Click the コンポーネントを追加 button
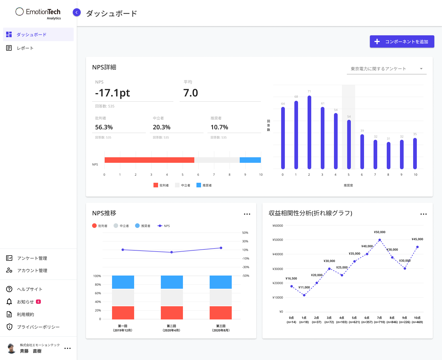click(402, 41)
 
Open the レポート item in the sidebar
click(25, 48)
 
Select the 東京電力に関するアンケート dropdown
click(386, 69)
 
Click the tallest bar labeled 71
click(309, 132)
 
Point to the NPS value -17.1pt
click(113, 93)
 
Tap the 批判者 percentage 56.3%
click(104, 127)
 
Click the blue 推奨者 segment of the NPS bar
click(250, 160)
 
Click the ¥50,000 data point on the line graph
click(380, 240)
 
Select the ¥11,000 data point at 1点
click(304, 295)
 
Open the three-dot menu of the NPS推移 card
click(247, 214)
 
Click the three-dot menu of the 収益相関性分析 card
click(424, 214)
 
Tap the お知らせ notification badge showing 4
click(38, 302)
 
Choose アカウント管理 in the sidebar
click(32, 271)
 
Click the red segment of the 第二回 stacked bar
click(172, 313)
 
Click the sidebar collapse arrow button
click(77, 12)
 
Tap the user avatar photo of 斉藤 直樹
click(11, 348)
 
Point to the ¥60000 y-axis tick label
click(278, 226)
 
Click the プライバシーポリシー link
click(38, 327)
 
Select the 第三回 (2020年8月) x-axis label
click(221, 328)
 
